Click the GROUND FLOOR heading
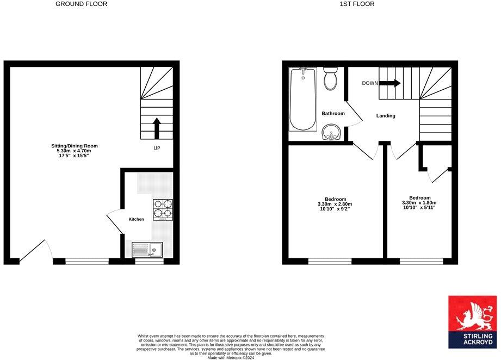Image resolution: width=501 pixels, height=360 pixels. pyautogui.click(x=82, y=4)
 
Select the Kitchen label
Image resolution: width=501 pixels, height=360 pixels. pyautogui.click(x=136, y=219)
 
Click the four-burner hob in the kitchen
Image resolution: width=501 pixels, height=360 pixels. pyautogui.click(x=163, y=209)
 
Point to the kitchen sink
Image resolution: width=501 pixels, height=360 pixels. pyautogui.click(x=147, y=250)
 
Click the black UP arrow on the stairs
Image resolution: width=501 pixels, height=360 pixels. pyautogui.click(x=157, y=129)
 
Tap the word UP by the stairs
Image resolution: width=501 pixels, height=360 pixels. pyautogui.click(x=157, y=148)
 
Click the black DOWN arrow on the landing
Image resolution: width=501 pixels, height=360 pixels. pyautogui.click(x=389, y=83)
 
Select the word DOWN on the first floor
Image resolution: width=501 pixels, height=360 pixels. pyautogui.click(x=370, y=83)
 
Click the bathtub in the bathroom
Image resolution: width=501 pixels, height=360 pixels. pyautogui.click(x=304, y=99)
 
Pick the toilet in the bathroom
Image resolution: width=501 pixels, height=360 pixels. pyautogui.click(x=330, y=79)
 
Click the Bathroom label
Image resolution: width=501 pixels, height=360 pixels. pyautogui.click(x=333, y=114)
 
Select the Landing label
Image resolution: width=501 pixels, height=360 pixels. pyautogui.click(x=386, y=116)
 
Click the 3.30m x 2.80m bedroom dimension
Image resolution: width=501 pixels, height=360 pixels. pyautogui.click(x=336, y=204)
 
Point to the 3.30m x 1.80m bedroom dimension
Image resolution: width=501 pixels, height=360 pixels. pyautogui.click(x=420, y=202)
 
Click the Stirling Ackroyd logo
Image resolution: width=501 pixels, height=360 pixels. pyautogui.click(x=472, y=322)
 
